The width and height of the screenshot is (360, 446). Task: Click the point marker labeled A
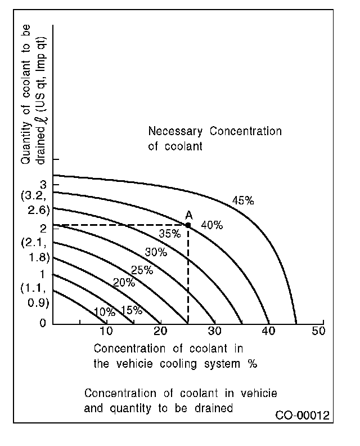pos(188,225)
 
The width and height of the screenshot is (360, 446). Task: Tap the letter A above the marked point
pos(188,215)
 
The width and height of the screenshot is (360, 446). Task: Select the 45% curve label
pos(243,200)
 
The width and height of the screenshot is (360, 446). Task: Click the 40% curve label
pos(211,225)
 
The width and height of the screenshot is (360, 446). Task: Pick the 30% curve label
pos(156,252)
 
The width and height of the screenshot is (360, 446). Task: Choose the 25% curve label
pos(142,270)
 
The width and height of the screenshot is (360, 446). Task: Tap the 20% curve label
pos(124,283)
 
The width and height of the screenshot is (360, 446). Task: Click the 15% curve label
pos(131,310)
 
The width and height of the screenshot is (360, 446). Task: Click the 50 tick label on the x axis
pos(318,331)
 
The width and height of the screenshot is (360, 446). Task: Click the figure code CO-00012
pos(302,416)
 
